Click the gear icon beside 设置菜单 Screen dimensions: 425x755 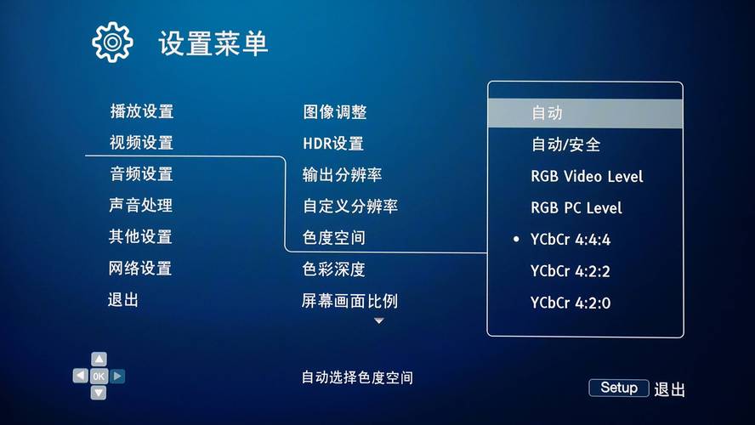113,42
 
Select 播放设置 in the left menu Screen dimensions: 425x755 141,111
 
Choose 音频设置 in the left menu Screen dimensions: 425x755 141,174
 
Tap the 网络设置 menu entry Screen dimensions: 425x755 140,269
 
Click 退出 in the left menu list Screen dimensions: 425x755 123,300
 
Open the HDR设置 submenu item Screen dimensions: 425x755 333,144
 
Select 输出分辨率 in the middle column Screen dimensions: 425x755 343,175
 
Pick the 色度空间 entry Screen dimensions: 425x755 334,238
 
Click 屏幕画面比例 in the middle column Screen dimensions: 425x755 350,301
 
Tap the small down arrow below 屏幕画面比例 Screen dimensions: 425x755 379,321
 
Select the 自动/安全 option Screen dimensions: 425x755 565,144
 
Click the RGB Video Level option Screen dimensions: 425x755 587,177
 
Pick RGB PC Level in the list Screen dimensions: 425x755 576,208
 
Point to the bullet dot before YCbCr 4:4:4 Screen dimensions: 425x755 516,240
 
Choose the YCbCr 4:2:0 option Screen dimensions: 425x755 571,303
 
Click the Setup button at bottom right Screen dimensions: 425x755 619,388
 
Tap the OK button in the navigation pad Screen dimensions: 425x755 99,376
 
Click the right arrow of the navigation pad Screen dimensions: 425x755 117,376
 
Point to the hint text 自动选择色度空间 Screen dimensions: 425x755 357,377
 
